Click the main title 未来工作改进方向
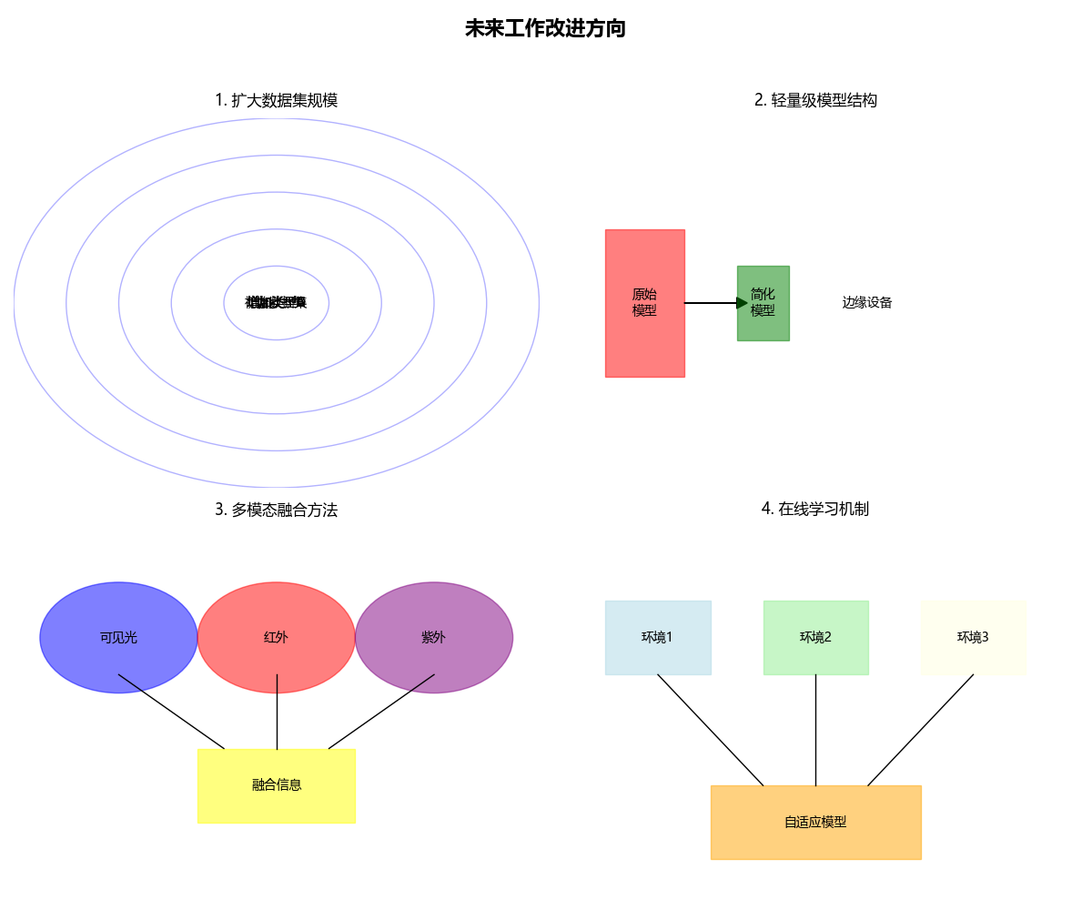coord(545,29)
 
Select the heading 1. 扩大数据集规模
coord(276,100)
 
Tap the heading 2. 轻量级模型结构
coord(815,100)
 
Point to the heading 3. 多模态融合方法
coord(276,510)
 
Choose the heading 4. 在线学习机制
coord(815,509)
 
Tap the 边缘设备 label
coord(866,303)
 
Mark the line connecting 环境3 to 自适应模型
coord(920,730)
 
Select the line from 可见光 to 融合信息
coord(171,712)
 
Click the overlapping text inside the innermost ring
coord(276,303)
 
